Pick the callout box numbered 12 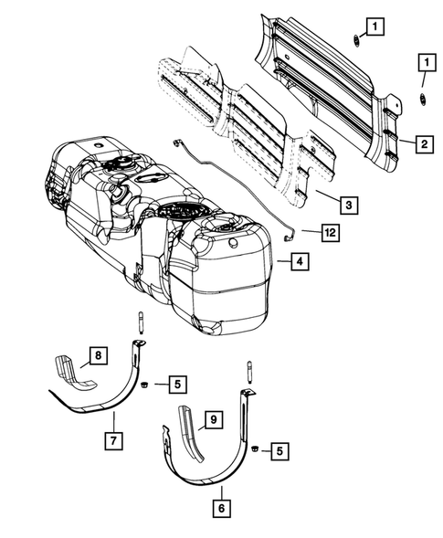click(x=330, y=233)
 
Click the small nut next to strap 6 click(x=256, y=450)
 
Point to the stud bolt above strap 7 click(x=142, y=322)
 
